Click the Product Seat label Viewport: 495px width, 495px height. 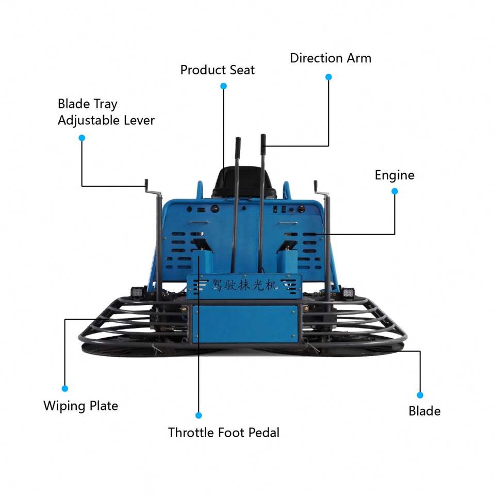[x=217, y=70]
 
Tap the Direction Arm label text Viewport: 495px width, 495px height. [x=330, y=58]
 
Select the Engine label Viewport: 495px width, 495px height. [x=394, y=175]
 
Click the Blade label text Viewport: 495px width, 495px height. [x=424, y=411]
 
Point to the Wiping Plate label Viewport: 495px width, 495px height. [x=80, y=406]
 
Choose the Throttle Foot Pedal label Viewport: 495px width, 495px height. [x=223, y=432]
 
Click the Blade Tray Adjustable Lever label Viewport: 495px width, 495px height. [x=106, y=112]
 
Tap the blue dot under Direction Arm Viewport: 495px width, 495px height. [x=328, y=77]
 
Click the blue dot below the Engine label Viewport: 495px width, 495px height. [x=394, y=191]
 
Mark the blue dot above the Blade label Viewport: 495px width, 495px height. [x=420, y=395]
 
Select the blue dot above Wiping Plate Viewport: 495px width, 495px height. [x=64, y=388]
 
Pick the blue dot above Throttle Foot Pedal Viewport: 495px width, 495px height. [x=199, y=415]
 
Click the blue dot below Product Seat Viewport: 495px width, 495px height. [x=223, y=86]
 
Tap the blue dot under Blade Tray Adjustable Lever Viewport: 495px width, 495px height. [x=81, y=138]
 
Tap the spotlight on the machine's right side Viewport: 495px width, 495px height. [x=349, y=292]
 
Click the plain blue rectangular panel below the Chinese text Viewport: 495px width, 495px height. [x=244, y=323]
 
